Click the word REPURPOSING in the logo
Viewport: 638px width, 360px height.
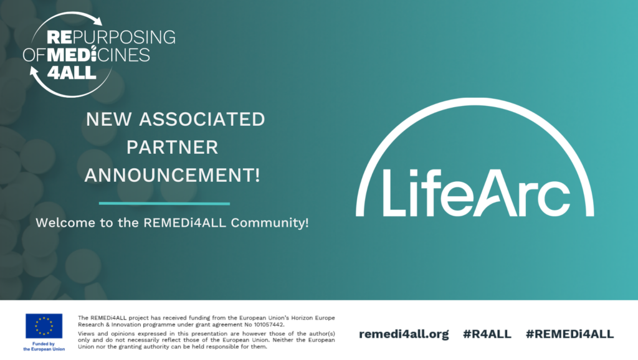[111, 37]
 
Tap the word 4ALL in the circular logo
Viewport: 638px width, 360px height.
[72, 72]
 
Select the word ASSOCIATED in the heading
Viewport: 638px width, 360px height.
[202, 119]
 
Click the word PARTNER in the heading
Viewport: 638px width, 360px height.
[172, 147]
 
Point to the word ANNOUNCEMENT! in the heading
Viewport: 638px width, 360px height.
[172, 175]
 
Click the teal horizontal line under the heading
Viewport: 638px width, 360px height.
[164, 204]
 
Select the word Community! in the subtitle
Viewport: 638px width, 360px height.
[270, 223]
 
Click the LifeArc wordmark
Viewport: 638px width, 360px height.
[476, 193]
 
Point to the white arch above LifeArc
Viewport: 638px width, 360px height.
[475, 100]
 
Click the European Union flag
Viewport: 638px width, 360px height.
[44, 326]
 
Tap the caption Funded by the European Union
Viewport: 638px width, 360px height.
[44, 346]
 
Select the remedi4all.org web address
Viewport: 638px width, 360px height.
[404, 334]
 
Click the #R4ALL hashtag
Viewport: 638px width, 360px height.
[487, 334]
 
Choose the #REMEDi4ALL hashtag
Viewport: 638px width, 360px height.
[569, 334]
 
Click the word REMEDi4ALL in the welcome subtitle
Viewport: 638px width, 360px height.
[184, 222]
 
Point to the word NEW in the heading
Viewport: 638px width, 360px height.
[108, 119]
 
